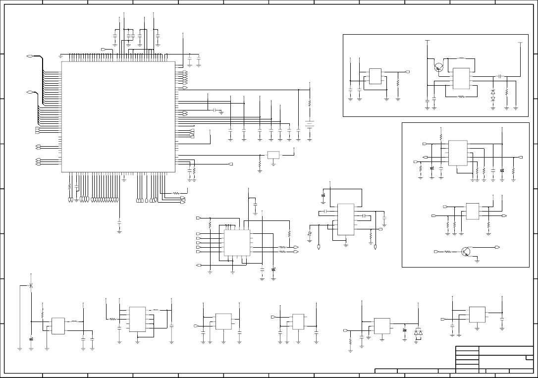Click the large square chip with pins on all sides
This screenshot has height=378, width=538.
(118, 116)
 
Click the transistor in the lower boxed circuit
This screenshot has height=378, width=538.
(466, 252)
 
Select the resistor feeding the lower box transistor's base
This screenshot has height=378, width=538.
(447, 252)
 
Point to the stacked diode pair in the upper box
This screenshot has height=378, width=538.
(492, 96)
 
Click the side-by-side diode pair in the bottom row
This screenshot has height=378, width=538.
(418, 332)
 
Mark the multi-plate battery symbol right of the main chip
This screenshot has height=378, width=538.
(310, 125)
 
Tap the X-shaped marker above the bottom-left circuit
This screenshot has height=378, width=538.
(31, 286)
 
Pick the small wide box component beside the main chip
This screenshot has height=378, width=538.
(273, 155)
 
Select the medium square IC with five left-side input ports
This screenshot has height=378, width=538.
(237, 243)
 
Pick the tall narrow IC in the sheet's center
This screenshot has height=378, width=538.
(346, 219)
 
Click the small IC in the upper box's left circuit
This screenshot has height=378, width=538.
(375, 76)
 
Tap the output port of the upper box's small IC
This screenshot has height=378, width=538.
(407, 72)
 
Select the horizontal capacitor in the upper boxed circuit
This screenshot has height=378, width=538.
(500, 76)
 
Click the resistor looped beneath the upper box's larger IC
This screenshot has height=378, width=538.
(461, 97)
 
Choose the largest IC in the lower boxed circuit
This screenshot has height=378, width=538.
(458, 153)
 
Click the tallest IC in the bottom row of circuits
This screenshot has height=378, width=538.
(137, 319)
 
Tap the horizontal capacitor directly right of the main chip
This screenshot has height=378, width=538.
(215, 109)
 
